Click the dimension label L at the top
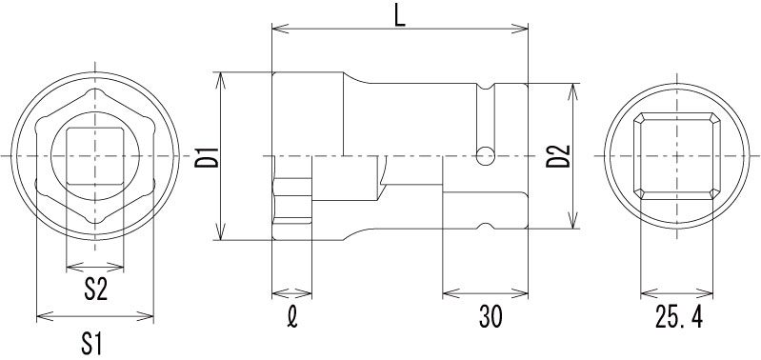(x=399, y=17)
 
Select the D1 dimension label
(x=207, y=156)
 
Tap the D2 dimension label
(x=558, y=156)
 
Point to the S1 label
(x=92, y=345)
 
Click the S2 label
(x=95, y=290)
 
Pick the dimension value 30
(x=491, y=317)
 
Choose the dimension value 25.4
(x=678, y=317)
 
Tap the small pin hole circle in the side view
(x=486, y=156)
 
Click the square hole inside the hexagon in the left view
(x=94, y=156)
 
